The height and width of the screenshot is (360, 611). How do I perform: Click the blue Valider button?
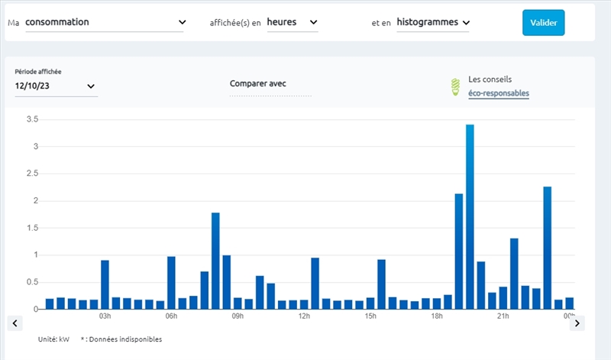(543, 22)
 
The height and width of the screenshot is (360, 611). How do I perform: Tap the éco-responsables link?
(499, 93)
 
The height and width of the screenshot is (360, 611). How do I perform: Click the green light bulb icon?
(455, 86)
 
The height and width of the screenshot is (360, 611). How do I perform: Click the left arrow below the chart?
(15, 323)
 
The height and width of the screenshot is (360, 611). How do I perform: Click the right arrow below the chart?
(577, 323)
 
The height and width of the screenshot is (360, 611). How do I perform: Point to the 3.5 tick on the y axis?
(32, 119)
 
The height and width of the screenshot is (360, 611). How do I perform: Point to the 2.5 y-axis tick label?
(32, 174)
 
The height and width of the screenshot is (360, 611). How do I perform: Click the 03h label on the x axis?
(105, 316)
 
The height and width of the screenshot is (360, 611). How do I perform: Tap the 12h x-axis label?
(304, 316)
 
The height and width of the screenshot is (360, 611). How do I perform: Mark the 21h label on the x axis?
(503, 316)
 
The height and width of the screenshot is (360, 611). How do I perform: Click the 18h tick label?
(437, 316)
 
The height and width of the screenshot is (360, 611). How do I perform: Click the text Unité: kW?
(53, 339)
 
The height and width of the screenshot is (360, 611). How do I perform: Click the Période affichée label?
(38, 72)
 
